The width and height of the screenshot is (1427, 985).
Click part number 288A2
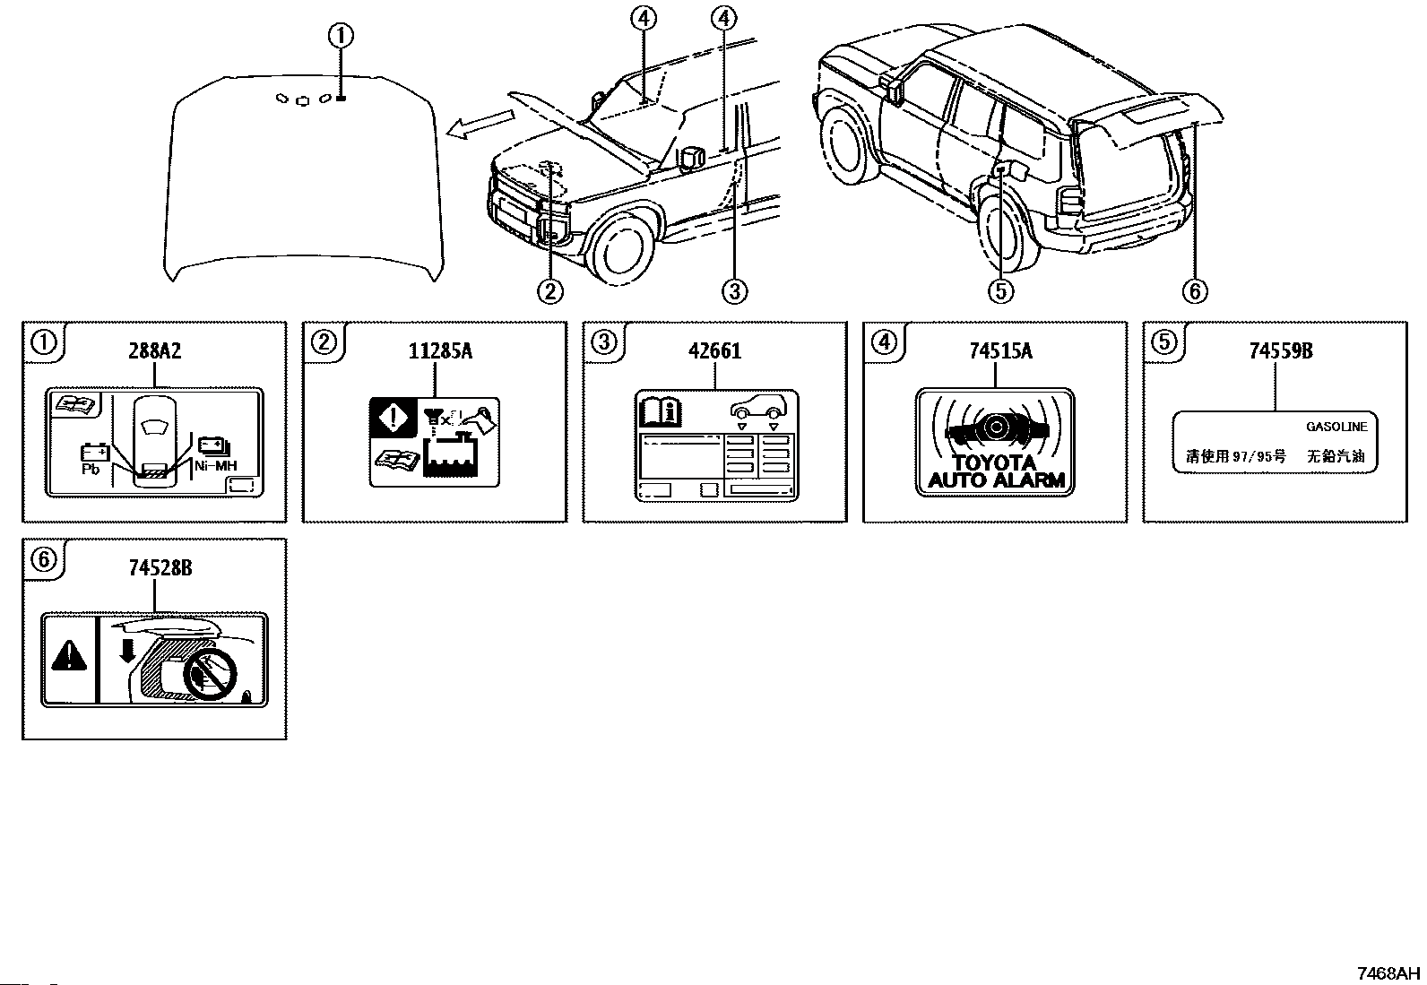pos(155,351)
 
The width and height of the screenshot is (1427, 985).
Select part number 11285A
pos(439,351)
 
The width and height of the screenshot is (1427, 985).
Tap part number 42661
pos(714,351)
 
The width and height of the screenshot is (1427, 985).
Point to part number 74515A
pos(999,351)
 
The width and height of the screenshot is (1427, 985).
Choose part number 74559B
pos(1281,351)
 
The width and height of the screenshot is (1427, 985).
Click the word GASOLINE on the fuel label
pos(1336,428)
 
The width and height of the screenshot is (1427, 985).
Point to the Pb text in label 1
pos(91,469)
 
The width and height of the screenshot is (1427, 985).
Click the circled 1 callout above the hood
pos(340,37)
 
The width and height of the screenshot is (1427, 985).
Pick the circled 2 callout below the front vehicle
pos(549,290)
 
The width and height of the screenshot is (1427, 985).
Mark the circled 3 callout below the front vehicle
pos(733,290)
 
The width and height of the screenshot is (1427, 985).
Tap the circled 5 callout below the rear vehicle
pos(1000,290)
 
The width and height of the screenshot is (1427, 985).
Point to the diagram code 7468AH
pos(1388,972)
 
